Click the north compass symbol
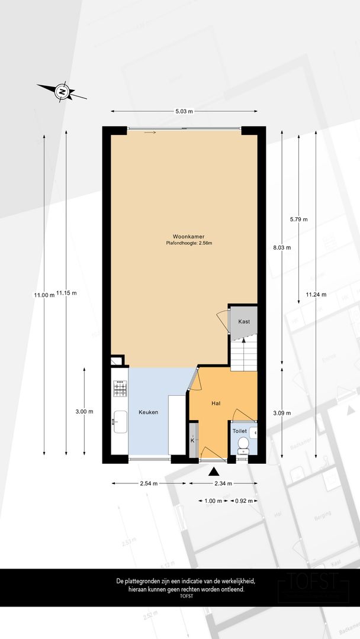tap(62, 92)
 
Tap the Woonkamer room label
tap(188, 236)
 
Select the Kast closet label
tap(244, 321)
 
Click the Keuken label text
tap(148, 412)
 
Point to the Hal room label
tap(216, 403)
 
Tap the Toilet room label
tap(240, 431)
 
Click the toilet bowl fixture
tap(243, 446)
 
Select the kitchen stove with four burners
tap(120, 388)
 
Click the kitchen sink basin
tap(120, 422)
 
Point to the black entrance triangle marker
tap(214, 472)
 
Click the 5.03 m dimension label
tap(184, 111)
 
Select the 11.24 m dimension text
tap(316, 295)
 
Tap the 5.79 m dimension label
tap(299, 220)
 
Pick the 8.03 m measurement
tap(282, 247)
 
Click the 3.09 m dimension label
tap(282, 413)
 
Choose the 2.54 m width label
tap(149, 484)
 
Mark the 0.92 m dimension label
tap(243, 501)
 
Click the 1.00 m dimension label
tap(213, 501)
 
